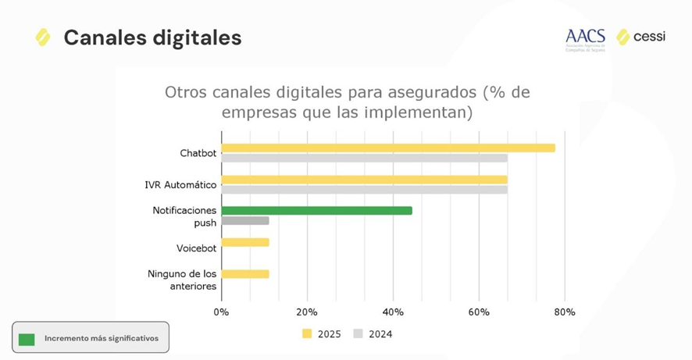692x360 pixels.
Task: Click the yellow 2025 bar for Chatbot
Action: pyautogui.click(x=388, y=148)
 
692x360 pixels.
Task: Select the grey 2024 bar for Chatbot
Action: pyautogui.click(x=364, y=158)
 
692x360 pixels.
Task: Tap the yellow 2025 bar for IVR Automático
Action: pyautogui.click(x=364, y=180)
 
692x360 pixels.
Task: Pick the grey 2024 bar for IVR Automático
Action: pyautogui.click(x=364, y=190)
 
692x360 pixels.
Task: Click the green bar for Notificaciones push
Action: pyautogui.click(x=316, y=211)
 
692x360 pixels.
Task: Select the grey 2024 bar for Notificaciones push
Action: pyautogui.click(x=245, y=221)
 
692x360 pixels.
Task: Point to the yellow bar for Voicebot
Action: pyautogui.click(x=245, y=242)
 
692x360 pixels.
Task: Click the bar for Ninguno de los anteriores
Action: pyautogui.click(x=245, y=274)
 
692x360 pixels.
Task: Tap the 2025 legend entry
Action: pyautogui.click(x=321, y=334)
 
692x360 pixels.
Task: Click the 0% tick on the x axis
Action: pyautogui.click(x=221, y=312)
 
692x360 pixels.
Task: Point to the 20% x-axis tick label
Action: pyautogui.click(x=307, y=312)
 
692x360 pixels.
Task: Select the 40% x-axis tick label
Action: pyautogui.click(x=393, y=312)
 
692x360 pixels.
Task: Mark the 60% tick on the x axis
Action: pyautogui.click(x=479, y=312)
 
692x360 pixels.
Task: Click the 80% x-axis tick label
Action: pyautogui.click(x=565, y=312)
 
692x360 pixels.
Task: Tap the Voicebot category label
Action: pyautogui.click(x=196, y=248)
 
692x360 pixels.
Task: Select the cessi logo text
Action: pyautogui.click(x=649, y=37)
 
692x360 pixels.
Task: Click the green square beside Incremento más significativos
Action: pyautogui.click(x=27, y=339)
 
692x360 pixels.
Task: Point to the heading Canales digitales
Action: pyautogui.click(x=152, y=37)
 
